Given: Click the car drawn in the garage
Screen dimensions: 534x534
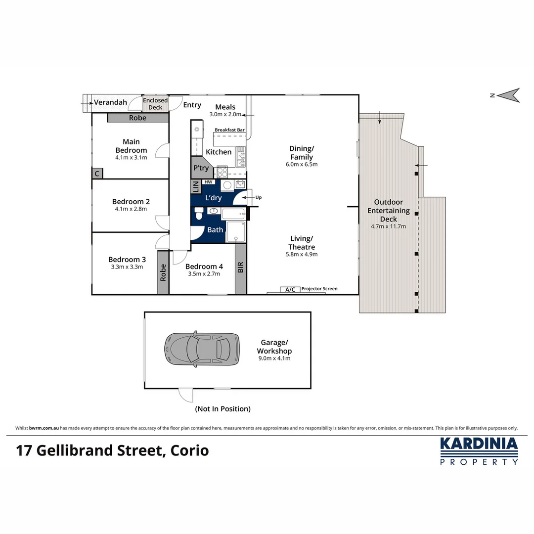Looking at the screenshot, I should (x=201, y=348).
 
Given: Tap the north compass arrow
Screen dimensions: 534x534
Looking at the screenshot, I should (x=509, y=95).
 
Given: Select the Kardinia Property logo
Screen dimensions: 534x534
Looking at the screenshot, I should (x=479, y=450).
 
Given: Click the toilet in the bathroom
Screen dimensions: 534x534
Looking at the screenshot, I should (x=199, y=214).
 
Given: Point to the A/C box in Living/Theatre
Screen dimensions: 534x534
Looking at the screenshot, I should (x=291, y=289).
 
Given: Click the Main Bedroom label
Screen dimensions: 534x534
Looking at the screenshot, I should (x=131, y=146).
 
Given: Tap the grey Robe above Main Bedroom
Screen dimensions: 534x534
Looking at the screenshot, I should (x=137, y=118).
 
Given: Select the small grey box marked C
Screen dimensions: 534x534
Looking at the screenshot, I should (x=97, y=174).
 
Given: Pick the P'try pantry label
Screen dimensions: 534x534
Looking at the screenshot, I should (x=201, y=168).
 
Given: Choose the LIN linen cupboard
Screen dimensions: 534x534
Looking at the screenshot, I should (x=195, y=187).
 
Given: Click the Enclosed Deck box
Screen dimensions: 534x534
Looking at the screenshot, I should (x=155, y=104).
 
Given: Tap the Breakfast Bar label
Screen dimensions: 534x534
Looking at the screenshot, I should (x=230, y=130).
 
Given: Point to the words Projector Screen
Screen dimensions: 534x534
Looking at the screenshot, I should (x=319, y=288).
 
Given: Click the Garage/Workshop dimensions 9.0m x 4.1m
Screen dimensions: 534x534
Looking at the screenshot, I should (x=273, y=358).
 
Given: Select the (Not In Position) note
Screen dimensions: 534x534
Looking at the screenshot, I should (x=222, y=409).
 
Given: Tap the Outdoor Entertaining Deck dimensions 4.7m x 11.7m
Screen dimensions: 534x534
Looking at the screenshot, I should (x=388, y=226).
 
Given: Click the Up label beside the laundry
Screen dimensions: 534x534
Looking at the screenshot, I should (x=259, y=197).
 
